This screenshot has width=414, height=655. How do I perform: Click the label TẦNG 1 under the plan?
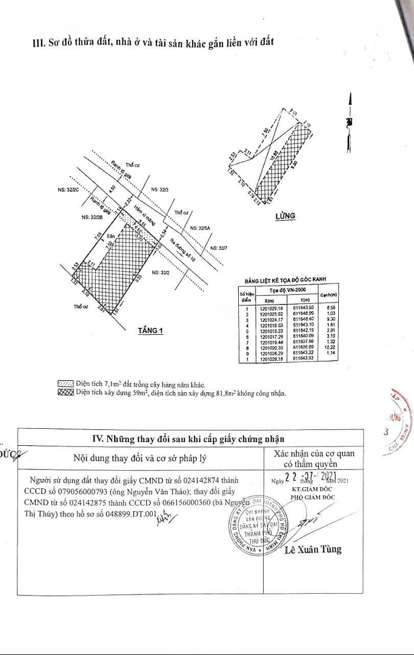(151, 331)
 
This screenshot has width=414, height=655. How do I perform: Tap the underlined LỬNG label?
(284, 215)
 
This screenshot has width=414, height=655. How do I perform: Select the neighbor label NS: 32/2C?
(68, 190)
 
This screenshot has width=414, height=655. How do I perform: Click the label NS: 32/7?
(218, 248)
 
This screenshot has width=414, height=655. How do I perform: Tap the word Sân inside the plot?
(111, 235)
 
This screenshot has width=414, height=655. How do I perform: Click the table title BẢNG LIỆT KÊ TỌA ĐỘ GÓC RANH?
(285, 280)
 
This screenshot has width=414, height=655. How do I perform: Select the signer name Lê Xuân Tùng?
(313, 549)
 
